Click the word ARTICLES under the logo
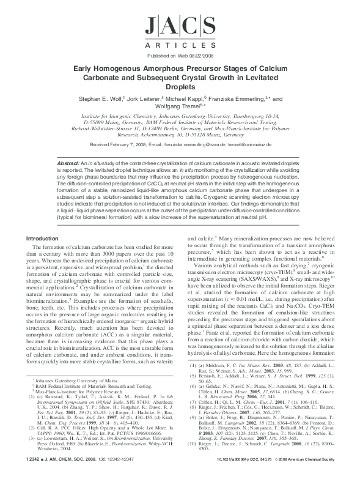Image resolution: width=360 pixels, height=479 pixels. (x=180, y=45)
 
